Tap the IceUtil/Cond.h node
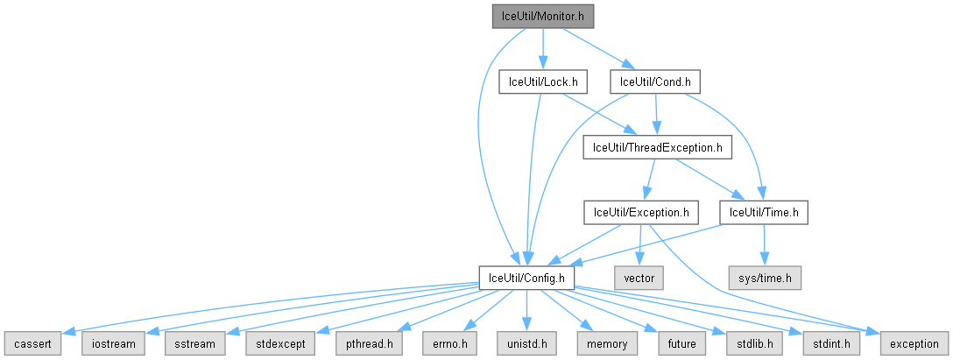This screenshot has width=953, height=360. [656, 81]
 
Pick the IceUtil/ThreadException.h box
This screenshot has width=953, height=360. [657, 147]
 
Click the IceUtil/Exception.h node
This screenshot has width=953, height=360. [641, 212]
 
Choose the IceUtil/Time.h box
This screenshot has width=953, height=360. [763, 212]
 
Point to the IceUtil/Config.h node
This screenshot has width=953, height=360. [526, 278]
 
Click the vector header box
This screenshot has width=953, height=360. [639, 278]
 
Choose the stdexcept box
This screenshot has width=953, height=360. [274, 343]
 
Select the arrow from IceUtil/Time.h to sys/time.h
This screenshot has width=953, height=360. [765, 245]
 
